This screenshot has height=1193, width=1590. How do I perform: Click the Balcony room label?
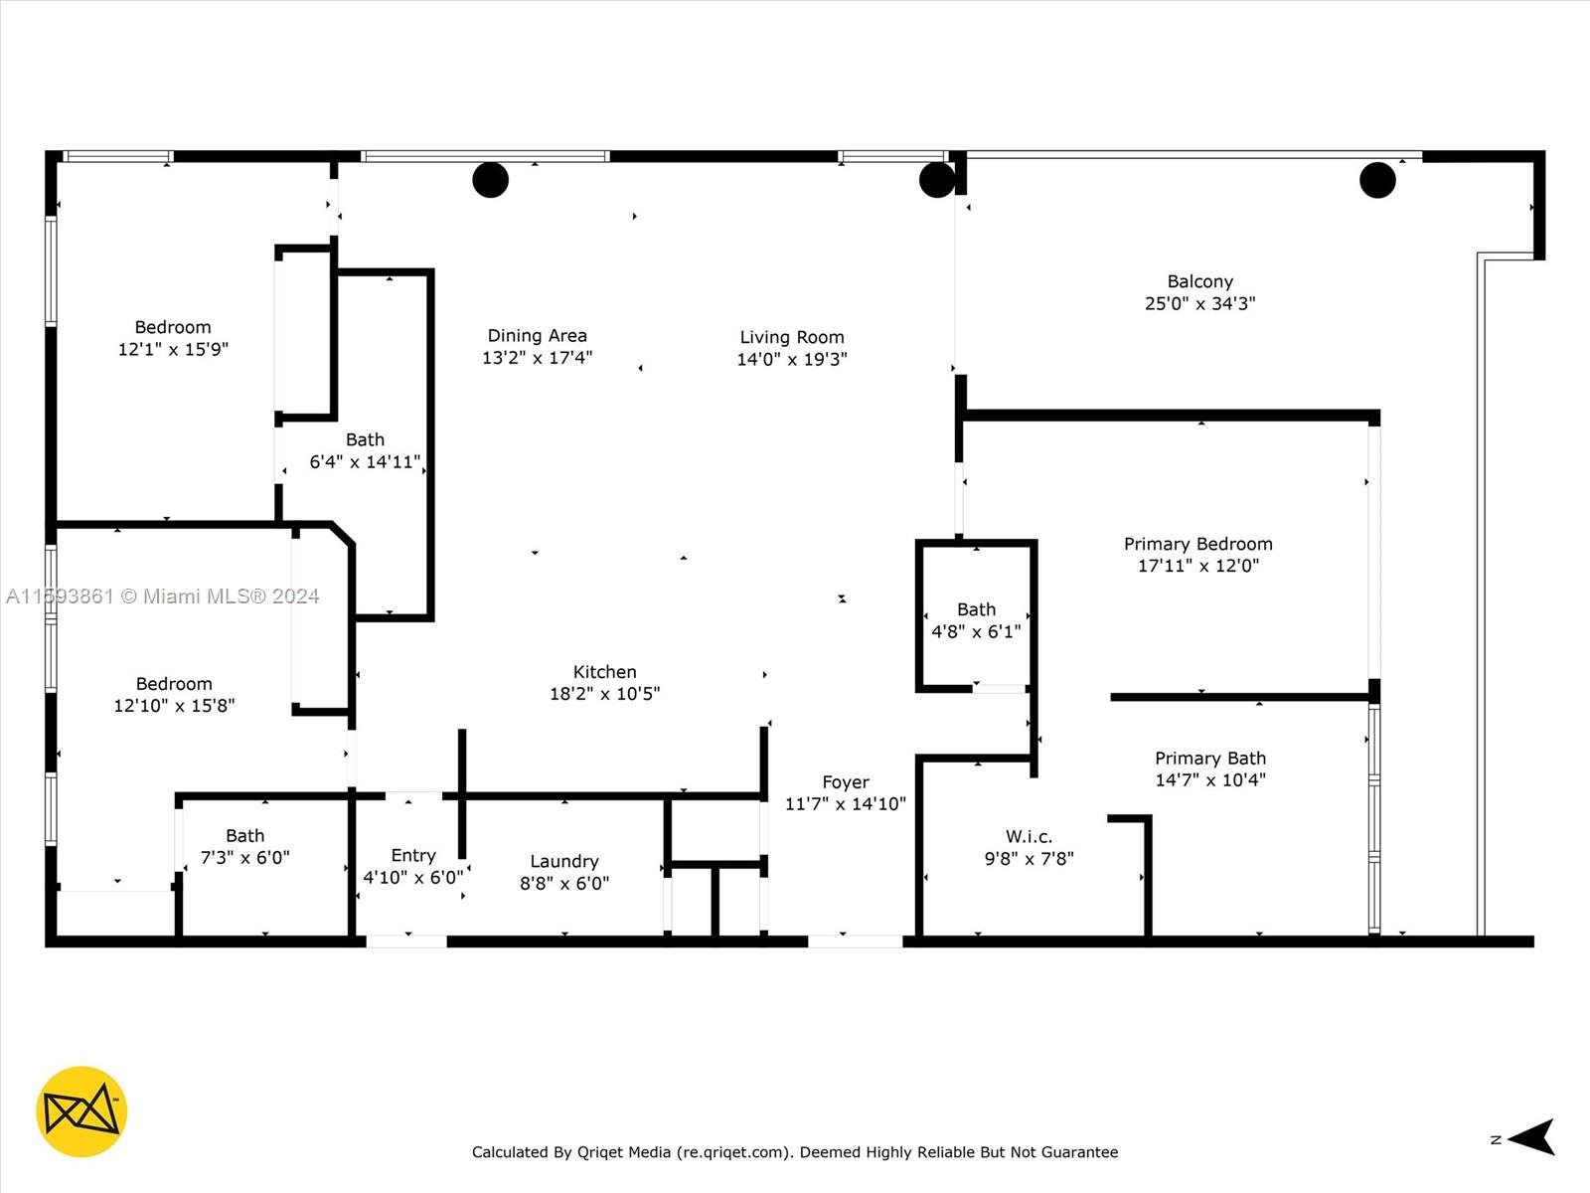(1199, 282)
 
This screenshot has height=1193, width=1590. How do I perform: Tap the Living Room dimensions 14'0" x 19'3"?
(791, 360)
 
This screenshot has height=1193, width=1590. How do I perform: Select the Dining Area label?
(537, 336)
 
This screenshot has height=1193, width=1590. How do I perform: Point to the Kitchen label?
(604, 672)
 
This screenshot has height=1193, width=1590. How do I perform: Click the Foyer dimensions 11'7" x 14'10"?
(845, 804)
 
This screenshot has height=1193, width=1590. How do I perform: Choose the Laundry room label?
(563, 861)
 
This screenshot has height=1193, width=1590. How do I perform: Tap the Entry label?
(413, 855)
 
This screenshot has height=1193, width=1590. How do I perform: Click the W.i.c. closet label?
(1029, 837)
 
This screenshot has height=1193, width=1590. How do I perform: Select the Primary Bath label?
(1209, 759)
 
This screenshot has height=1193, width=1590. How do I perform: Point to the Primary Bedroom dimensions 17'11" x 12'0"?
(1197, 566)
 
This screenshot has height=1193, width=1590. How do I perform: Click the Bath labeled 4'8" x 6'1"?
(976, 609)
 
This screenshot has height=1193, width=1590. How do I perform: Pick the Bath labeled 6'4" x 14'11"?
(365, 439)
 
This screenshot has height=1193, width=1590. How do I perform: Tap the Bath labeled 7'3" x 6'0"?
(244, 836)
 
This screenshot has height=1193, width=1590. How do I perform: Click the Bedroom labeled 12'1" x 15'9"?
(173, 327)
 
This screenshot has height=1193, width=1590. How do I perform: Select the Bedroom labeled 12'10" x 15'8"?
(174, 684)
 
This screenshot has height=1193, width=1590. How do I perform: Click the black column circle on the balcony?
(1376, 180)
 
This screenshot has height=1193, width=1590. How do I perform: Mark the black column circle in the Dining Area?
(490, 180)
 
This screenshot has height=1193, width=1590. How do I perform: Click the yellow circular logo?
(81, 1111)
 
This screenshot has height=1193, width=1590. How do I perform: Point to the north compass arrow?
(1532, 1137)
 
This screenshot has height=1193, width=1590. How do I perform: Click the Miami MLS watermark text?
(162, 596)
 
